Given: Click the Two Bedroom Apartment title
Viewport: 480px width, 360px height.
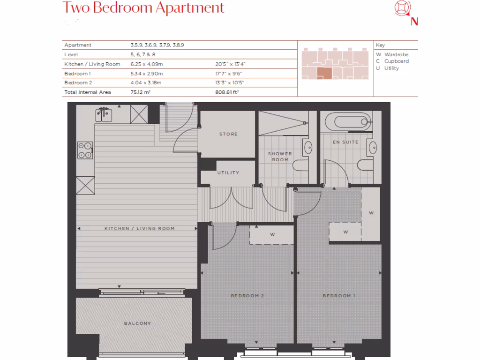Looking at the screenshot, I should coord(143,8).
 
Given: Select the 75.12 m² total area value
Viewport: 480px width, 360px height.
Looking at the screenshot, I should coord(140,92).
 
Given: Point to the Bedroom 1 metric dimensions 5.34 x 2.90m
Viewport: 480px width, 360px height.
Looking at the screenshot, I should coord(147,74).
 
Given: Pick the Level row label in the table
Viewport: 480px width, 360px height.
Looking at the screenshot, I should coord(71,55).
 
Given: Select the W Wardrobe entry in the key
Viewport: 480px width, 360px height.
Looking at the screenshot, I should coord(392,55).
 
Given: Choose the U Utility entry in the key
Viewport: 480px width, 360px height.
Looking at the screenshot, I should coord(388,68).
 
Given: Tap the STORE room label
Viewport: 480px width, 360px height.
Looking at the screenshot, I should coord(228,134).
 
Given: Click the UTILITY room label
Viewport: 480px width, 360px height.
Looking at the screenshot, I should coord(228,172).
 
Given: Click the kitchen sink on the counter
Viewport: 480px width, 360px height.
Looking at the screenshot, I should coord(105,114).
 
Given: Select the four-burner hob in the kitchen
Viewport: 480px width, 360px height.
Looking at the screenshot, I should coord(85,150).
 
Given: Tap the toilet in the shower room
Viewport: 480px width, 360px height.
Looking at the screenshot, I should coord(300,165).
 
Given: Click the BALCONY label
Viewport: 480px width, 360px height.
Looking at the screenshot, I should coord(137,323).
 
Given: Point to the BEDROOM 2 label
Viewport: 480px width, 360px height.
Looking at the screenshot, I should coord(247,296).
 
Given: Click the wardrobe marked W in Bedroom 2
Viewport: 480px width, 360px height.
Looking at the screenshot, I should coord(271,233).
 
